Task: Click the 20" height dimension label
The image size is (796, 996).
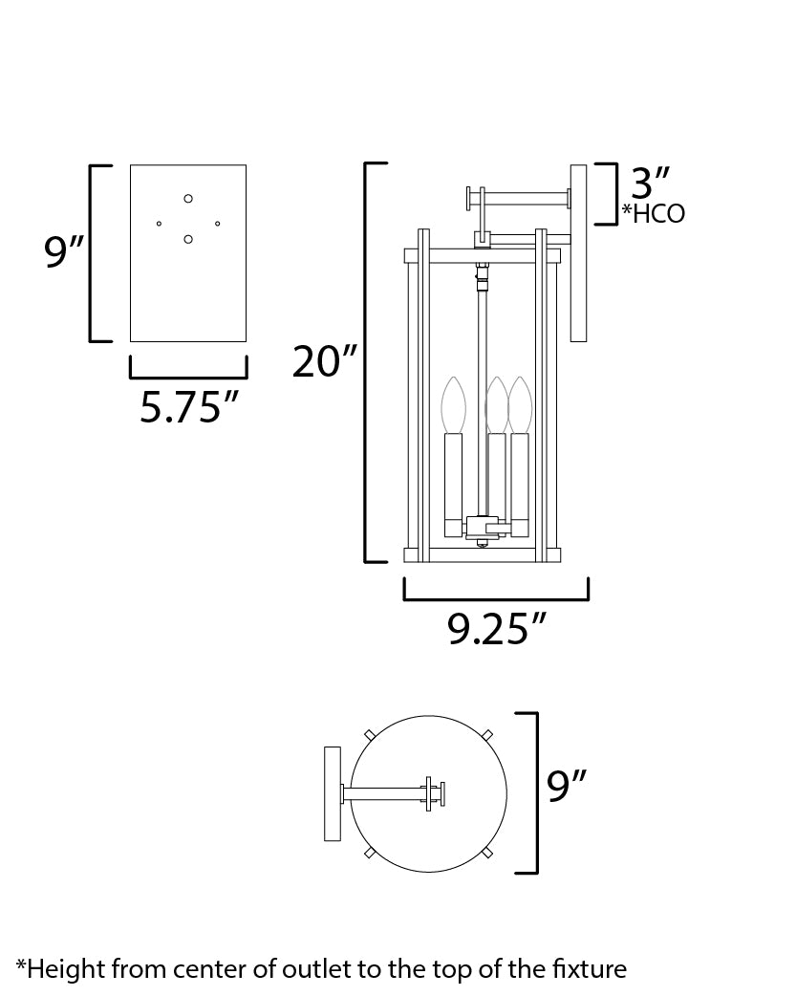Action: pyautogui.click(x=325, y=363)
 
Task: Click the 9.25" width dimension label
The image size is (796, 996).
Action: pyautogui.click(x=497, y=628)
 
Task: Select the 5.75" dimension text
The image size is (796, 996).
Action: pyautogui.click(x=188, y=407)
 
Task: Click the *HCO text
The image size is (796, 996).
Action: pyautogui.click(x=653, y=213)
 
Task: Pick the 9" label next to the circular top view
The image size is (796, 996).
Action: pyautogui.click(x=566, y=787)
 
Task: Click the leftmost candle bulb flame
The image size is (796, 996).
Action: pyautogui.click(x=452, y=405)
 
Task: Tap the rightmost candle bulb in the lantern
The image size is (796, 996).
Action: pyautogui.click(x=519, y=405)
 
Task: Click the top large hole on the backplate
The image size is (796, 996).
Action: pyautogui.click(x=188, y=198)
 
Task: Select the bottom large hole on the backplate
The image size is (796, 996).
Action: pyautogui.click(x=188, y=239)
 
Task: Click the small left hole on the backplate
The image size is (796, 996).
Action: pyautogui.click(x=159, y=224)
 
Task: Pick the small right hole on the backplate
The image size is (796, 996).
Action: pyautogui.click(x=218, y=224)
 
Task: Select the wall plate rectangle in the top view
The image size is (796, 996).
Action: pyautogui.click(x=333, y=793)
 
